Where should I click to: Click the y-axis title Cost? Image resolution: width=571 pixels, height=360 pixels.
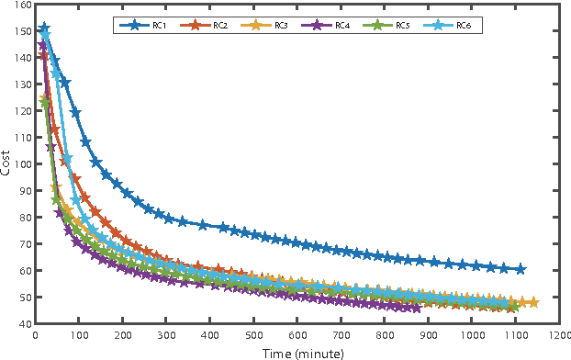[7, 163]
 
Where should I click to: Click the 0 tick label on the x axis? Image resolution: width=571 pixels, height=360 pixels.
[35, 335]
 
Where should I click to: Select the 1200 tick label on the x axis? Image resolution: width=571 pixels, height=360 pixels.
[559, 335]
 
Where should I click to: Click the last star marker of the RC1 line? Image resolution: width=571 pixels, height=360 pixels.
[521, 269]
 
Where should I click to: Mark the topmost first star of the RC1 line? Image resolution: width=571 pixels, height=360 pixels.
[44, 28]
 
